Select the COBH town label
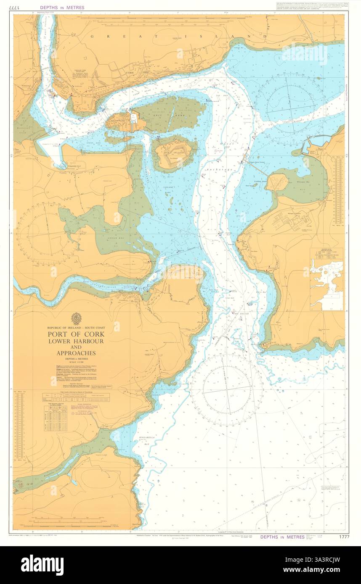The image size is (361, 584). (x=129, y=72)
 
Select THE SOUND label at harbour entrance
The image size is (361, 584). (x=242, y=314)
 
